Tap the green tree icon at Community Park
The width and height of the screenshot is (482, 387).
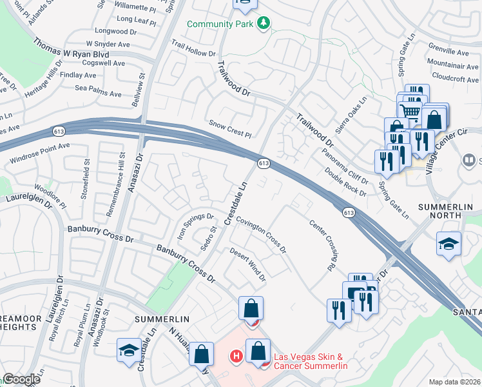pyautogui.click(x=263, y=24)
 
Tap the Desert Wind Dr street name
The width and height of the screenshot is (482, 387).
pyautogui.click(x=249, y=265)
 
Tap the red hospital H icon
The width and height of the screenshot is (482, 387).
pyautogui.click(x=236, y=355)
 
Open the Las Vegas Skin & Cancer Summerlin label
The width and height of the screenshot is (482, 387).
pyautogui.click(x=311, y=362)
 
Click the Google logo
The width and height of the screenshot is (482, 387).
pyautogui.click(x=21, y=379)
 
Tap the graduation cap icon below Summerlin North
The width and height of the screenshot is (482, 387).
pyautogui.click(x=448, y=244)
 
